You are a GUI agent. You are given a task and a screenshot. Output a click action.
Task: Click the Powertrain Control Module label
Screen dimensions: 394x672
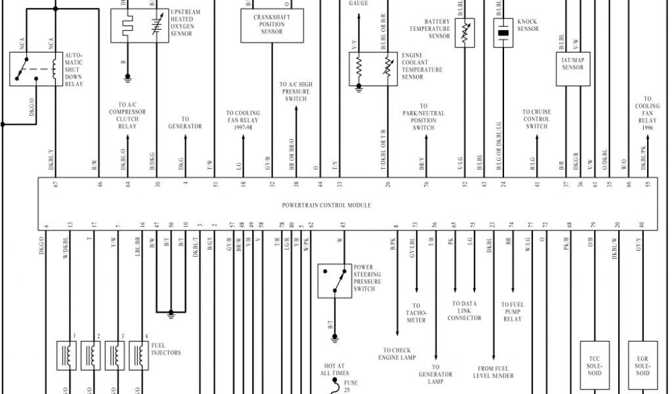point(326,206)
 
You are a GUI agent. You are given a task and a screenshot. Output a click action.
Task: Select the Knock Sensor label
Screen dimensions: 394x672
point(528,25)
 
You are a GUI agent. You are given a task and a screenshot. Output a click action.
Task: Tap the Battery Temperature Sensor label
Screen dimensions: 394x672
point(430,29)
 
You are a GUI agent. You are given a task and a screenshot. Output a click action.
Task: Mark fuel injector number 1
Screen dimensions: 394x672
point(67,355)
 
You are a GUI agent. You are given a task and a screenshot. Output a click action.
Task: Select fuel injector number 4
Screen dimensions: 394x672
point(138,355)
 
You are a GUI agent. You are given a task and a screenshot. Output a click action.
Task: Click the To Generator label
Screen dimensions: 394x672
point(185,123)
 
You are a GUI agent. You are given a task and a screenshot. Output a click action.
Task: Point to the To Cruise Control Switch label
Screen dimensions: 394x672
point(536,119)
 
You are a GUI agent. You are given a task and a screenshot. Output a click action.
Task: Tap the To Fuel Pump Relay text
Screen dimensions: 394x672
point(513,311)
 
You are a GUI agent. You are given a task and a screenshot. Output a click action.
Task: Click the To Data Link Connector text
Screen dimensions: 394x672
point(465,311)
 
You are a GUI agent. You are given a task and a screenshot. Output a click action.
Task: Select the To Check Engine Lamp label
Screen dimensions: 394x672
point(397,354)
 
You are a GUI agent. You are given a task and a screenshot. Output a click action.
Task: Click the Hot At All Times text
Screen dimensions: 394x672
point(334,369)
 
